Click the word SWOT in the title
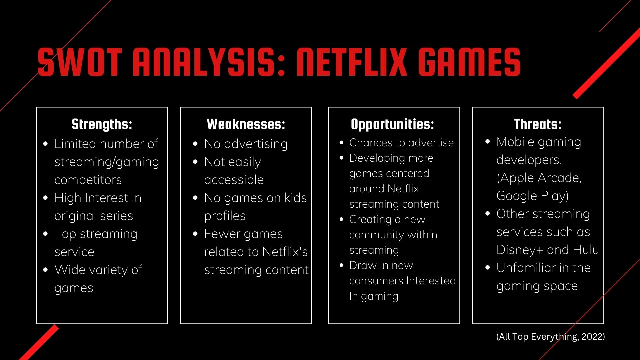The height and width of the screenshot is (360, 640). pyautogui.click(x=79, y=62)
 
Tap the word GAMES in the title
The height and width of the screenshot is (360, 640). pyautogui.click(x=469, y=62)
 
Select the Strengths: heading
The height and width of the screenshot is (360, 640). pyautogui.click(x=102, y=124)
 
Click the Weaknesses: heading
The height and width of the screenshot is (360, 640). pyautogui.click(x=246, y=124)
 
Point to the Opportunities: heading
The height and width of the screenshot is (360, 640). pyautogui.click(x=392, y=124)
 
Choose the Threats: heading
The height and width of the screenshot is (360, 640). pyautogui.click(x=538, y=124)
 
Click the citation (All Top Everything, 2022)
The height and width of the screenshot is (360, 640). pyautogui.click(x=550, y=337)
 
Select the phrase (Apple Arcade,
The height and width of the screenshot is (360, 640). pyautogui.click(x=539, y=178)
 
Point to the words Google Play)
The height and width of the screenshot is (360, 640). pyautogui.click(x=532, y=196)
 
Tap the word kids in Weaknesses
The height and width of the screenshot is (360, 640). pyautogui.click(x=295, y=198)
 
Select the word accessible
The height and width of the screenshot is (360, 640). pyautogui.click(x=234, y=180)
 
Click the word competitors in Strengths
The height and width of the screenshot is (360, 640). pyautogui.click(x=88, y=180)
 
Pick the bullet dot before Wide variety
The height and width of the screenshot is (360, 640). pyautogui.click(x=46, y=270)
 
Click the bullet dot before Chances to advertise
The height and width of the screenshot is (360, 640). pyautogui.click(x=341, y=143)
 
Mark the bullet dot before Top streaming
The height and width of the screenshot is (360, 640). pyautogui.click(x=46, y=234)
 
